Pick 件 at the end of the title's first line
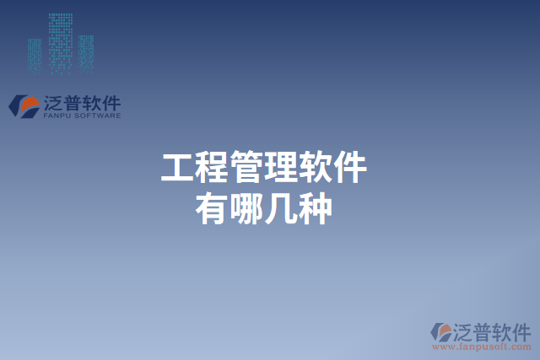349,168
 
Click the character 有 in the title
210,208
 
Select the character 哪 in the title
246,208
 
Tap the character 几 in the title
280,208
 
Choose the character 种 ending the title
315,208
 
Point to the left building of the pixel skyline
35,53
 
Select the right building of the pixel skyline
86,51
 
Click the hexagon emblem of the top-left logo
23,105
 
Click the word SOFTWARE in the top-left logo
100,116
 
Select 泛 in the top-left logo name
53,103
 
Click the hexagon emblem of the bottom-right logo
441,331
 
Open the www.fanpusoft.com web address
482,346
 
